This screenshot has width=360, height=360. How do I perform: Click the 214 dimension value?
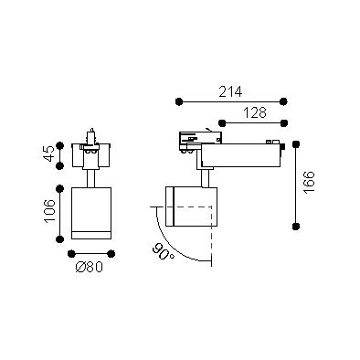[230, 91]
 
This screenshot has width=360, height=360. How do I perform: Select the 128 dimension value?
[255, 113]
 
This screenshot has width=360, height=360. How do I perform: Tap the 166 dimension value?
[309, 183]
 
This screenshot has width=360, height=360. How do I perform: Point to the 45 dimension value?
[49, 154]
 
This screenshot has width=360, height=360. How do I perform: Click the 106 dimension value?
[49, 211]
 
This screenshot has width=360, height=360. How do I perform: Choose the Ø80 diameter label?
[90, 267]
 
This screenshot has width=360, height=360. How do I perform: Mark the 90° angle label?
[163, 251]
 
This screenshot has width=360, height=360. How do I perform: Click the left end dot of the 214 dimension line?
[179, 101]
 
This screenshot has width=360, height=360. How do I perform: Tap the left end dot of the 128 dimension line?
[222, 123]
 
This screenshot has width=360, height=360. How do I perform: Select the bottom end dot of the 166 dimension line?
[295, 227]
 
